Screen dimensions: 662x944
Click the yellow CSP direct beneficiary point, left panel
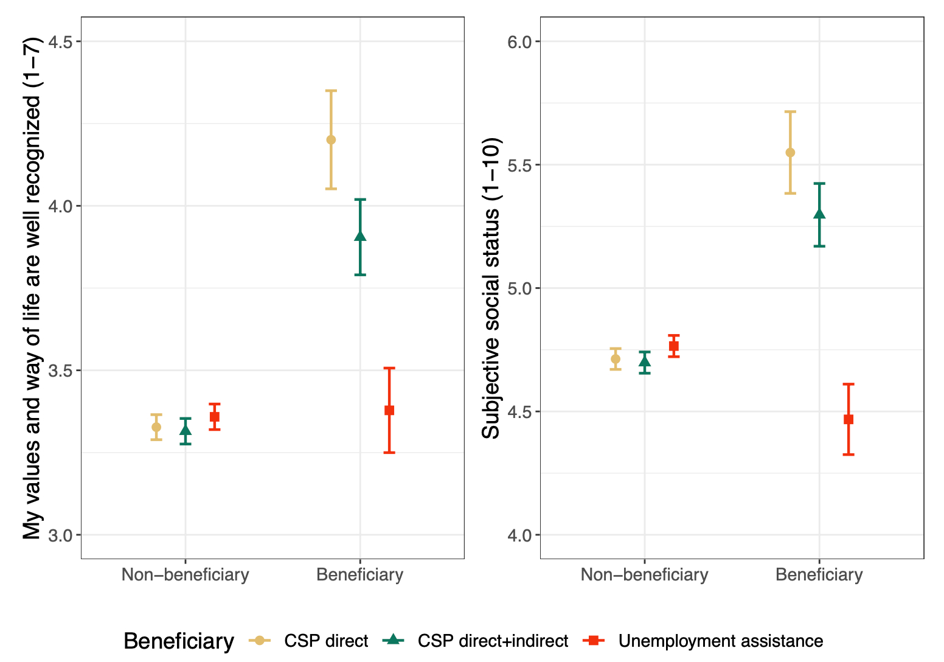click(x=331, y=140)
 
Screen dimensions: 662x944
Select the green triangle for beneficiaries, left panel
click(x=360, y=236)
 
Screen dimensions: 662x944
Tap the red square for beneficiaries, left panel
click(x=389, y=411)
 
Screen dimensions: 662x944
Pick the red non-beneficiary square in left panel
click(x=214, y=417)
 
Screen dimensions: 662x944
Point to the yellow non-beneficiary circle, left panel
click(x=156, y=427)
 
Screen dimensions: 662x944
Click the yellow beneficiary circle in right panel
click(x=790, y=153)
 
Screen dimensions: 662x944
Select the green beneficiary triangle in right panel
click(x=819, y=214)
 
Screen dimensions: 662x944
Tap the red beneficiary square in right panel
click(x=849, y=419)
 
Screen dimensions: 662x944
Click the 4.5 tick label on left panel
click(x=60, y=42)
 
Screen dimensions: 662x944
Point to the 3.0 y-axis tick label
click(x=60, y=535)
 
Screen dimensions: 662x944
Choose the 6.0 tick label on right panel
click(x=519, y=42)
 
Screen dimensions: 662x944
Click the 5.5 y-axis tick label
click(x=519, y=165)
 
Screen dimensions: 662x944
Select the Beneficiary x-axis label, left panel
click(x=360, y=575)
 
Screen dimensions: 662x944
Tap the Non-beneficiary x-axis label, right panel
click(x=645, y=575)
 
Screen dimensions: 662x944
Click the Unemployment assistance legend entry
click(x=720, y=641)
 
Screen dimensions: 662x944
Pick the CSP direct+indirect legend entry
click(x=493, y=641)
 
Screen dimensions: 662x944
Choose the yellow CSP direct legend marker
click(x=260, y=641)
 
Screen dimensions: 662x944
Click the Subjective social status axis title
click(x=491, y=288)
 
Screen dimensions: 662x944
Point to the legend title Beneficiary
click(x=179, y=641)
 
